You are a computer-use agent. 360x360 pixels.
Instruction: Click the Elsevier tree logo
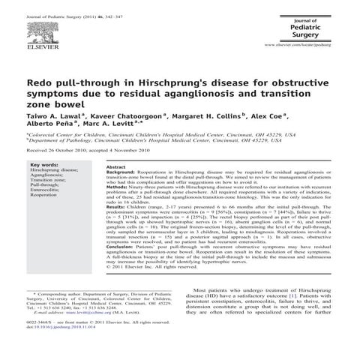(x=37, y=27)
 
